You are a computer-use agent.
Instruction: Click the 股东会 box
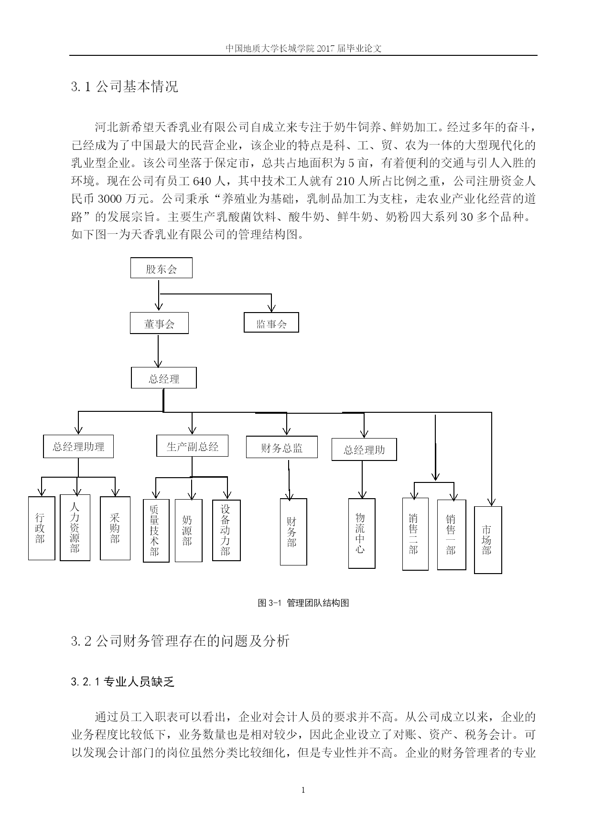click(162, 268)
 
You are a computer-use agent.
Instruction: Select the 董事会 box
click(159, 324)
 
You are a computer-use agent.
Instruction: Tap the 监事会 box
click(271, 323)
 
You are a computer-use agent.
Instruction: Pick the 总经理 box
click(164, 378)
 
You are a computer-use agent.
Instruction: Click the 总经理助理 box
click(78, 447)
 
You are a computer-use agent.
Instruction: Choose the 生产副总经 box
click(192, 446)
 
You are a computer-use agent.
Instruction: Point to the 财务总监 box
click(282, 447)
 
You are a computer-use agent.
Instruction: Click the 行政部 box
click(42, 528)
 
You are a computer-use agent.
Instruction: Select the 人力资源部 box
click(75, 527)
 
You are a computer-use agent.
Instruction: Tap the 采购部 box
click(115, 528)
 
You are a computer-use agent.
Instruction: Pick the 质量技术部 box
click(156, 531)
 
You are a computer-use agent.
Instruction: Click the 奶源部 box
click(188, 531)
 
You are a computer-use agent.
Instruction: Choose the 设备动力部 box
click(226, 530)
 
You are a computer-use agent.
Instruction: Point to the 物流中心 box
click(362, 534)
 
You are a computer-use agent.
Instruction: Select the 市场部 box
click(488, 540)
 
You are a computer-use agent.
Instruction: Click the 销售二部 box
click(415, 534)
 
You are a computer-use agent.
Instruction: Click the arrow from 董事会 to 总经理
click(158, 351)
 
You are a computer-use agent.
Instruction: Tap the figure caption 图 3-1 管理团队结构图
click(303, 603)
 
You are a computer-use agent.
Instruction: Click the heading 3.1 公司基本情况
click(124, 86)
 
